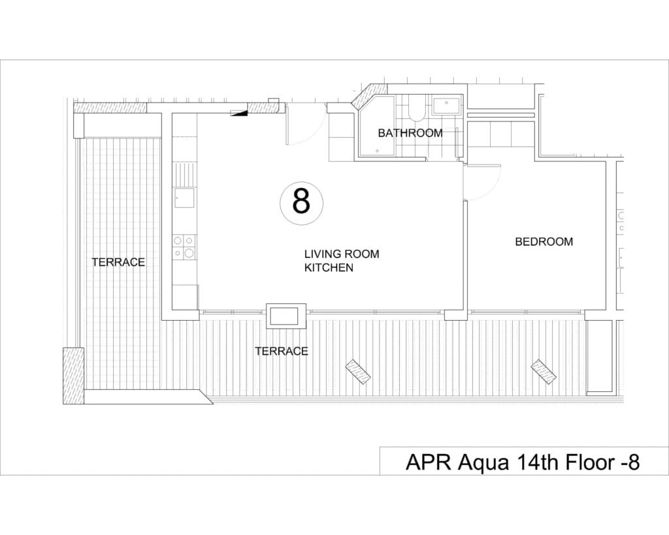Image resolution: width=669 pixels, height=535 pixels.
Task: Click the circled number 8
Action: coord(301,202)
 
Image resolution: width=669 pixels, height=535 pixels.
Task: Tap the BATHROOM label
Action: coord(410,133)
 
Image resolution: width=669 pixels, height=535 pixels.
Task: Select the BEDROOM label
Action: coord(544,242)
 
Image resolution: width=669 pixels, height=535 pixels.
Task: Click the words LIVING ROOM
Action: coord(341,254)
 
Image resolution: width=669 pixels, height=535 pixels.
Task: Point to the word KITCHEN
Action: coord(329,268)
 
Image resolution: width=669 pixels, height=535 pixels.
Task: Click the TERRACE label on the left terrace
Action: coord(118,262)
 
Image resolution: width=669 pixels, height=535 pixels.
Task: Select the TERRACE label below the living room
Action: coord(281,351)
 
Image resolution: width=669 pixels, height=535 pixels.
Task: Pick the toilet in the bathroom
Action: coord(416,110)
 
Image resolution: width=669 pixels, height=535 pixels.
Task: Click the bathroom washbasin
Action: coord(448,104)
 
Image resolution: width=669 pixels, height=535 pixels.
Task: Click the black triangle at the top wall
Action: coord(241,113)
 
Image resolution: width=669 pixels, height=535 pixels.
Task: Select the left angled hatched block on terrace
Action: coord(358,372)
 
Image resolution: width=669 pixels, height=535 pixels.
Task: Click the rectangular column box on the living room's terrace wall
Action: coord(286,316)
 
